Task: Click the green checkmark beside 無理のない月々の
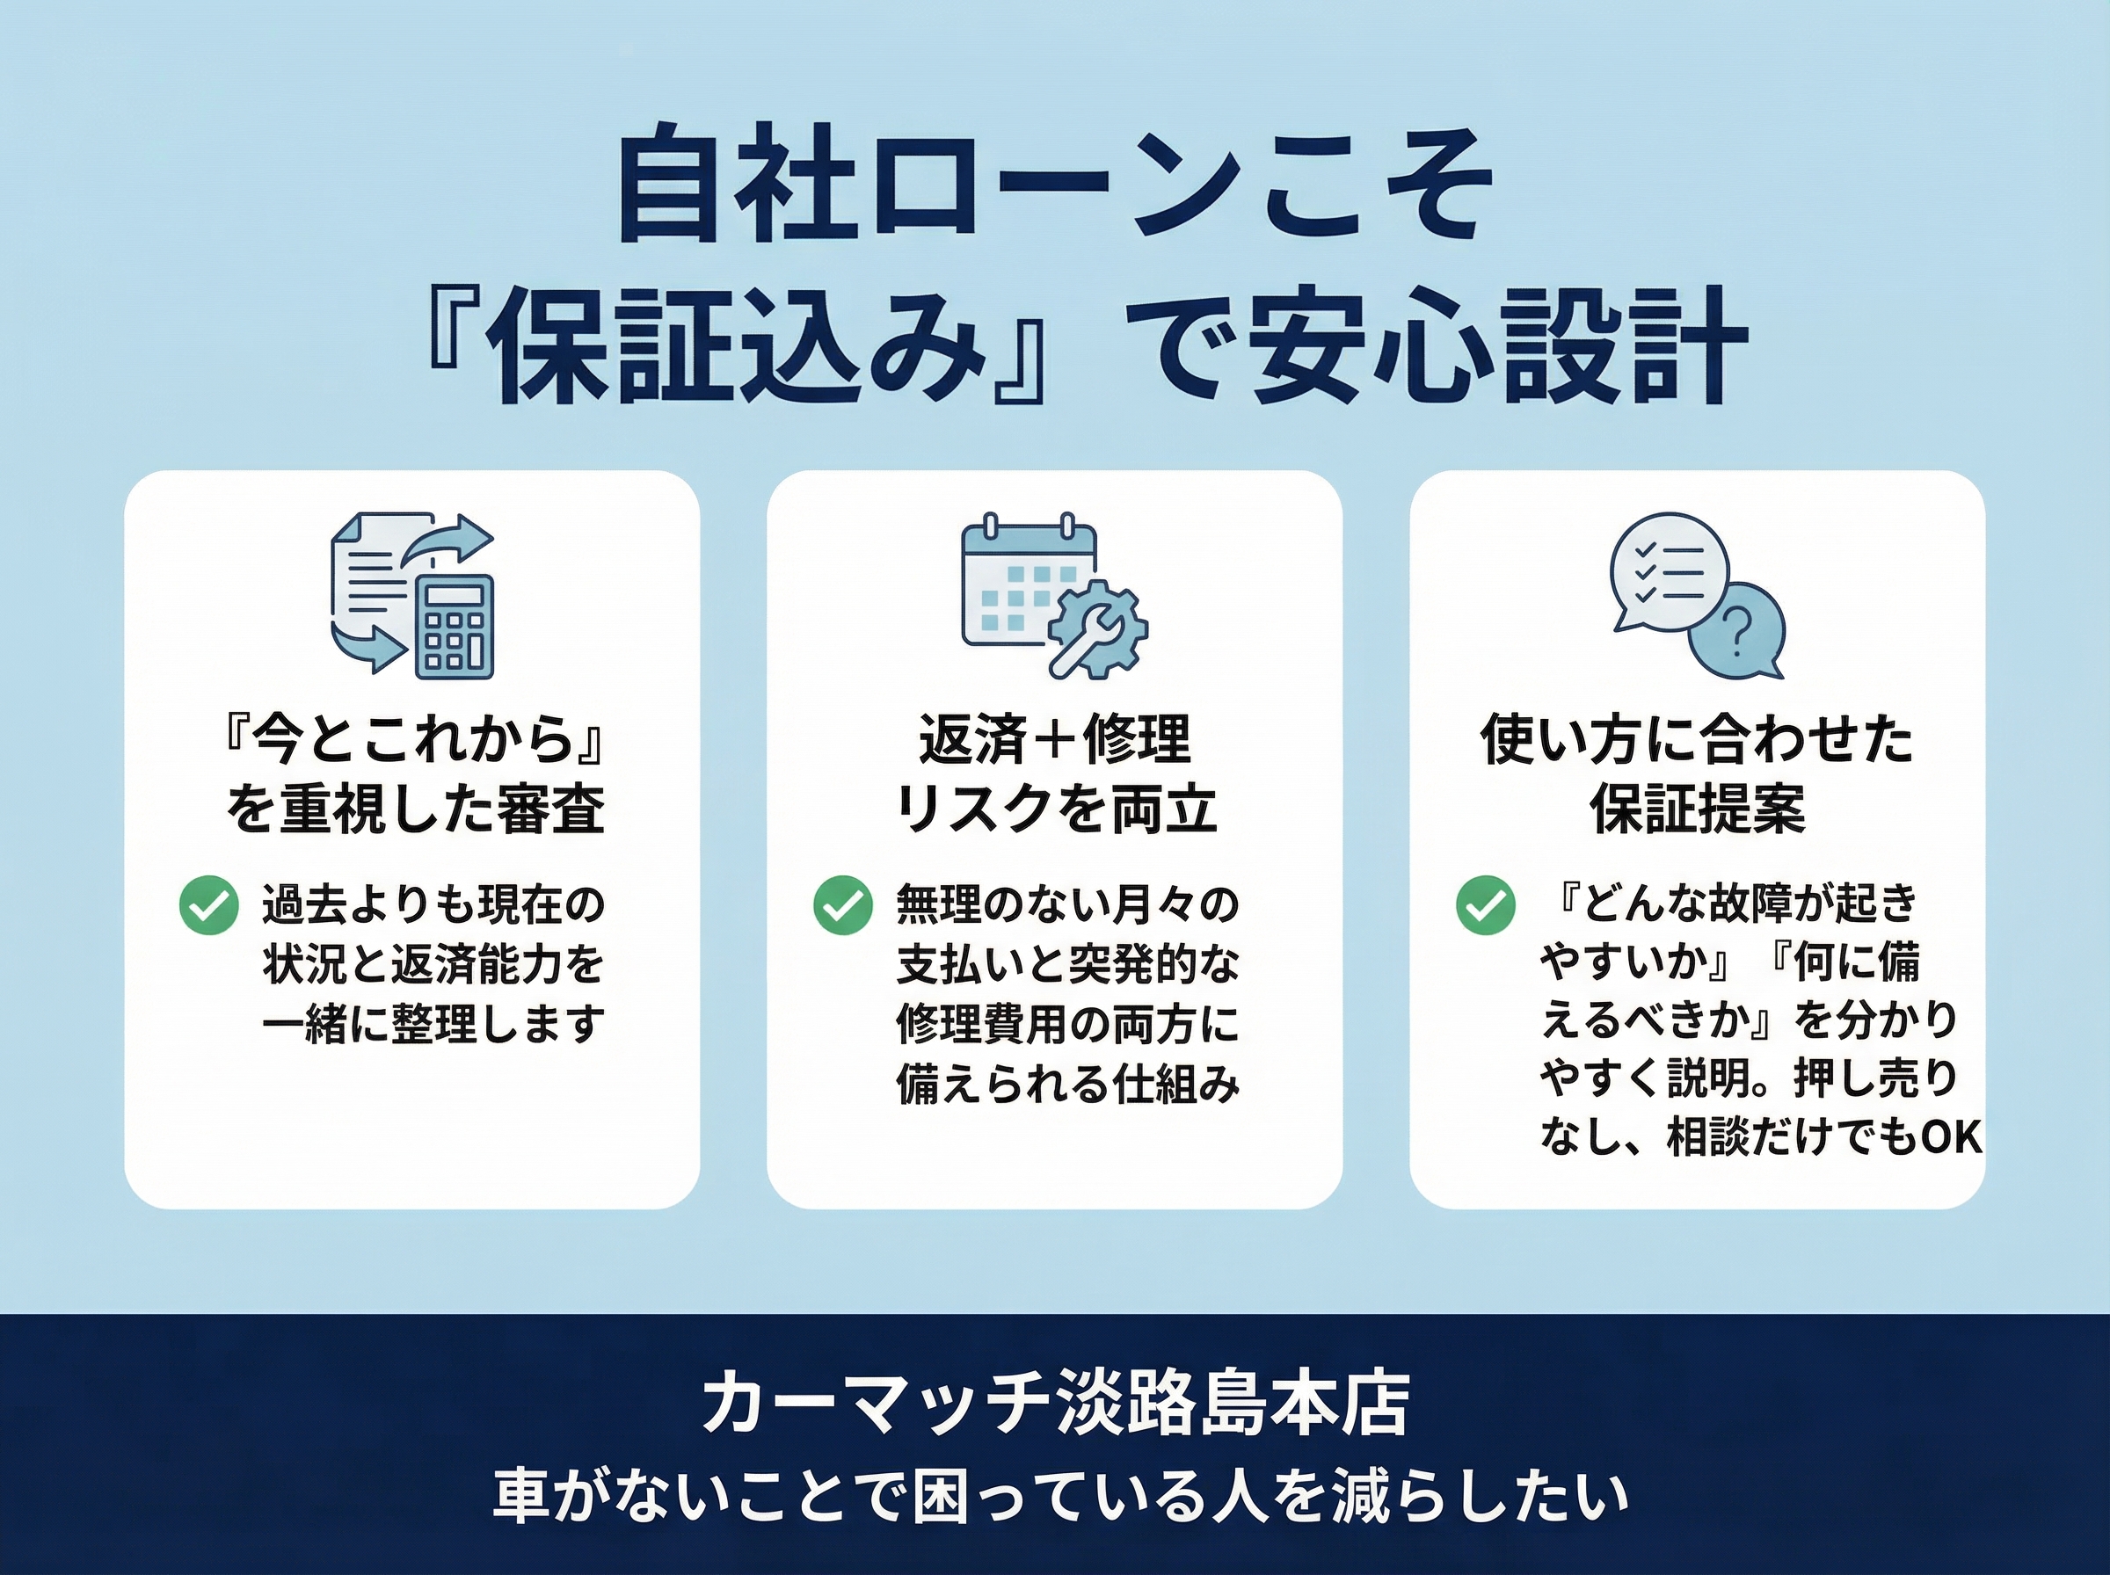tap(843, 904)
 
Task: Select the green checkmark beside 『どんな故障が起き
tap(1486, 904)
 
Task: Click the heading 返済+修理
tap(1054, 739)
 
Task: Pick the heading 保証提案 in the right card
tap(1697, 809)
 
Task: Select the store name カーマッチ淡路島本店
tap(1054, 1404)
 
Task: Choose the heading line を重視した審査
tap(416, 809)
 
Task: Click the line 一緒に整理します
tap(433, 1023)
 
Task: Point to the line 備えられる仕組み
tap(1068, 1084)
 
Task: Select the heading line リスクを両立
tap(1054, 809)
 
